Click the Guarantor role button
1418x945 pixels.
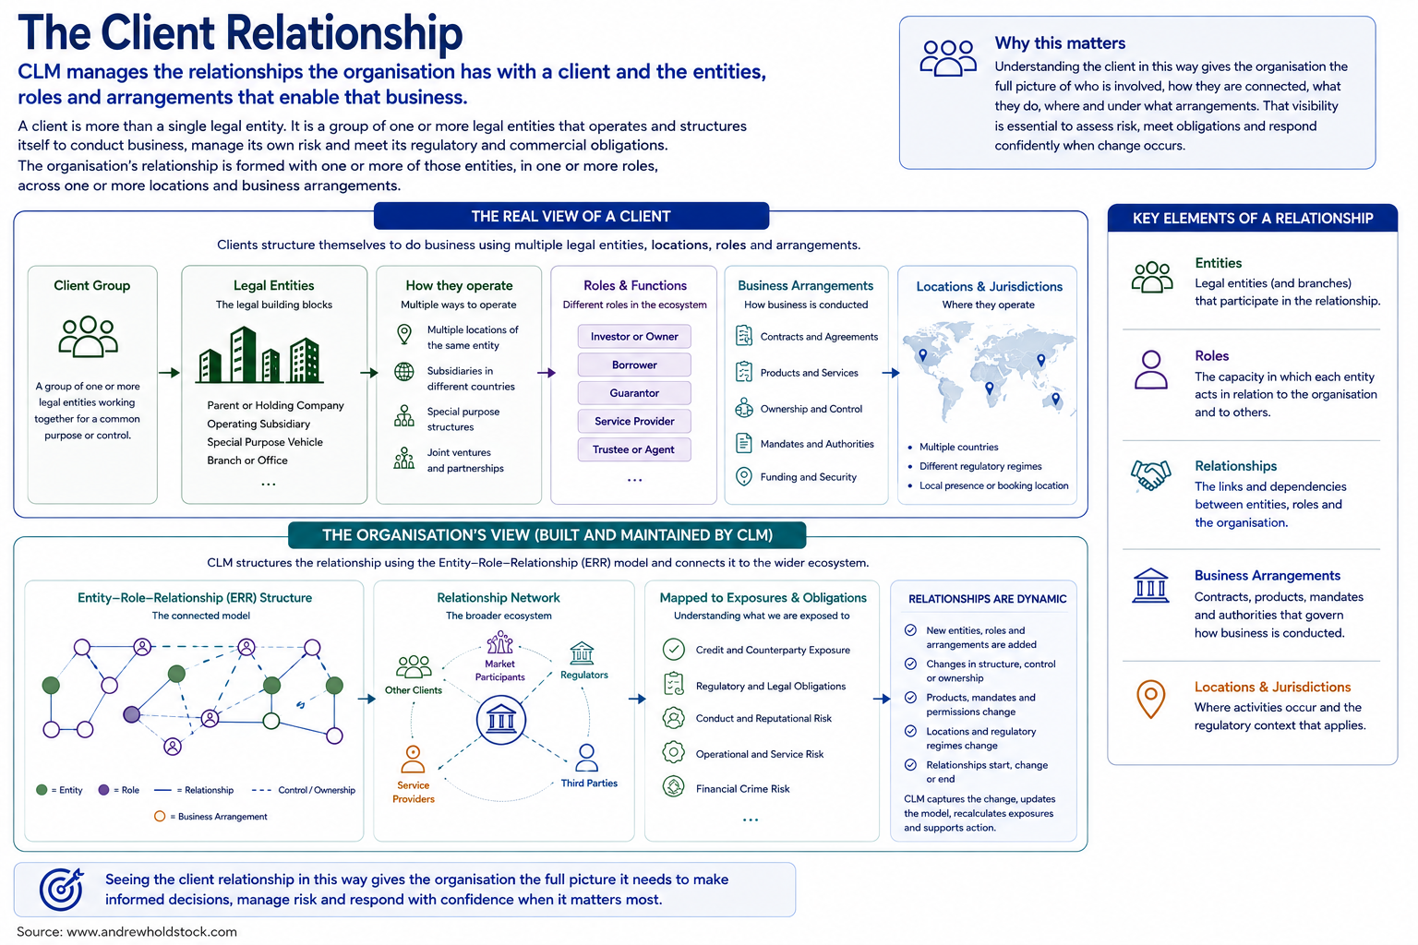(633, 393)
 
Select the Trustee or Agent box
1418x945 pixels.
(633, 449)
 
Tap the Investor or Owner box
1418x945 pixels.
(633, 336)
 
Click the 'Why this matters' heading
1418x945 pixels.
(1060, 43)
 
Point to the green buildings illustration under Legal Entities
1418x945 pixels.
(259, 355)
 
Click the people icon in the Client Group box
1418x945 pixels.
(88, 336)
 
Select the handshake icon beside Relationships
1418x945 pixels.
(1151, 474)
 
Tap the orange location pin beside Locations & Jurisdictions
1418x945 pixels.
(1151, 699)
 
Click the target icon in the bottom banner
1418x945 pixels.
(62, 889)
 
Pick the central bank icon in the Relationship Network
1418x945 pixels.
(500, 721)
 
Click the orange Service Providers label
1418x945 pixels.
(414, 792)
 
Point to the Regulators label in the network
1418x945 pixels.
(583, 675)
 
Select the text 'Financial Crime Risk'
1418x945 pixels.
(742, 789)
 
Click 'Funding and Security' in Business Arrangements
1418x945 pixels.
(809, 477)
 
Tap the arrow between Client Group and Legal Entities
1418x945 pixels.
(169, 373)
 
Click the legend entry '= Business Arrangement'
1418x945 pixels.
(210, 817)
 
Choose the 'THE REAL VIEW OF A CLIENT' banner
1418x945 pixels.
(571, 217)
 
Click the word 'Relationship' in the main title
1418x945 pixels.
(344, 34)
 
